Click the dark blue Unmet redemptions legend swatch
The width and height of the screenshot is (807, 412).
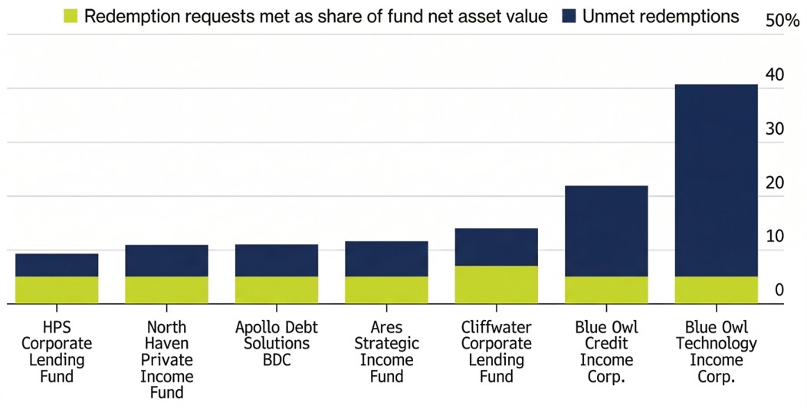pyautogui.click(x=568, y=16)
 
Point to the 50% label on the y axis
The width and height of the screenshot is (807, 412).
pyautogui.click(x=782, y=21)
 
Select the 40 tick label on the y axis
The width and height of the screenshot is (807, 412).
pyautogui.click(x=775, y=74)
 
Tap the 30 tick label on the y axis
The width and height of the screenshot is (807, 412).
pyautogui.click(x=775, y=129)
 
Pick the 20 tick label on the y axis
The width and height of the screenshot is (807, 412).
pyautogui.click(x=775, y=183)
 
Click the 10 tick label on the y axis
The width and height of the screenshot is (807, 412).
pyautogui.click(x=775, y=237)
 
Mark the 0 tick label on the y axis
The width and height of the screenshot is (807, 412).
pyautogui.click(x=779, y=290)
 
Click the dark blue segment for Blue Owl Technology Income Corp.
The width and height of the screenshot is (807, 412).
pyautogui.click(x=716, y=180)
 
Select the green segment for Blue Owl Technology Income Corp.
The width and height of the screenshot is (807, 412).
pyautogui.click(x=716, y=290)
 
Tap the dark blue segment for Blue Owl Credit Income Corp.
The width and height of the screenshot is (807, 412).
pyautogui.click(x=606, y=231)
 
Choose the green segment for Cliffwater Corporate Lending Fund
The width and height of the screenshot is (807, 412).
pyautogui.click(x=496, y=285)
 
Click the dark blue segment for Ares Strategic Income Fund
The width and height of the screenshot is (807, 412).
pyautogui.click(x=386, y=259)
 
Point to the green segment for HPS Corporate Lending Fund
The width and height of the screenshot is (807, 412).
pyautogui.click(x=57, y=290)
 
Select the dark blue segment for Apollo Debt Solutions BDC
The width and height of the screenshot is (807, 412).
pyautogui.click(x=277, y=260)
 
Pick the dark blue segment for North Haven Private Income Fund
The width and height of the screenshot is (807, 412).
pyautogui.click(x=166, y=260)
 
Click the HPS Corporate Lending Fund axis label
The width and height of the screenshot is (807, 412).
pyautogui.click(x=57, y=352)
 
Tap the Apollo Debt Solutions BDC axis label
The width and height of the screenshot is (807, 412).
pyautogui.click(x=277, y=343)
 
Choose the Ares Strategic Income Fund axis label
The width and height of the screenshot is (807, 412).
pyautogui.click(x=386, y=352)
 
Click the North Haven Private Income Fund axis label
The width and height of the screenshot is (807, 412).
pyautogui.click(x=166, y=360)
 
